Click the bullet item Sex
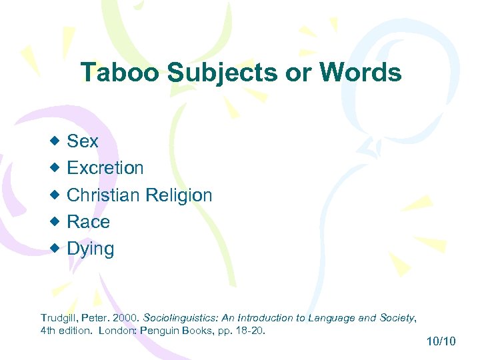point(83,141)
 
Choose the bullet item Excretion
point(105,168)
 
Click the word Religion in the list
point(178,195)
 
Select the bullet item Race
point(89,222)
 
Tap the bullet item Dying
point(91,249)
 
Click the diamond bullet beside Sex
point(55,141)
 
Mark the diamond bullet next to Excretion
point(55,167)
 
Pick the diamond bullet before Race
point(55,221)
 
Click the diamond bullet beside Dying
point(55,248)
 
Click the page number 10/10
point(440,342)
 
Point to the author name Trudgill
point(58,318)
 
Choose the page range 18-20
point(250,330)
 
